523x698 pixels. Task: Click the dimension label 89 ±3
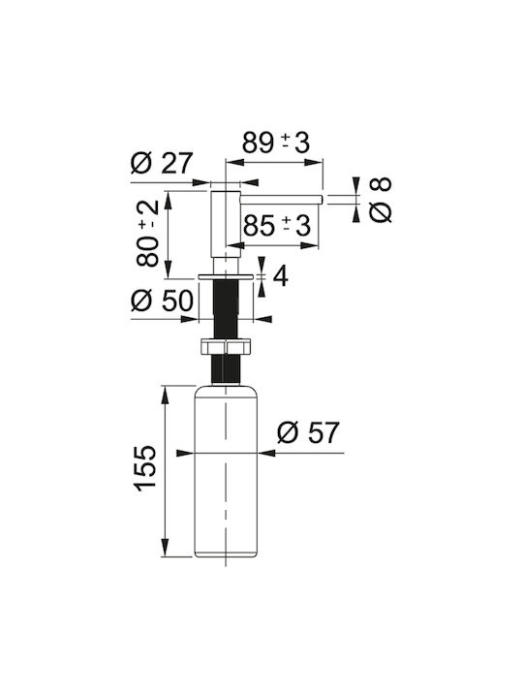coord(276,143)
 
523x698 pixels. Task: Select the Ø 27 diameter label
coord(162,163)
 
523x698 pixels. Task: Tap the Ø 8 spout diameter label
coord(381,200)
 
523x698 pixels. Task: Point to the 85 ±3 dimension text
coord(277,225)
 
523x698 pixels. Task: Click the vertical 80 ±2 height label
coord(147,233)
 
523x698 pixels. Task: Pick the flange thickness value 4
coord(280,276)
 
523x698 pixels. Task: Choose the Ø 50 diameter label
coord(163,300)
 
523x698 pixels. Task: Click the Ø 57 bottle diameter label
coord(308,431)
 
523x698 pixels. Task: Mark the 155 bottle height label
coord(145,468)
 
